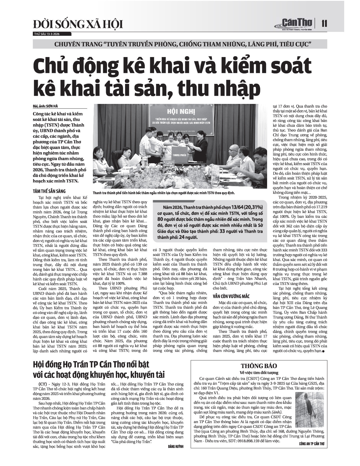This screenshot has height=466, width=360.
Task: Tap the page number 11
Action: click(324, 23)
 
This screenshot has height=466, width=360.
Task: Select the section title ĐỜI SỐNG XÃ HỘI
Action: click(78, 25)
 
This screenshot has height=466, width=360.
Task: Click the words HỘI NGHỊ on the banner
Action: click(177, 111)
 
